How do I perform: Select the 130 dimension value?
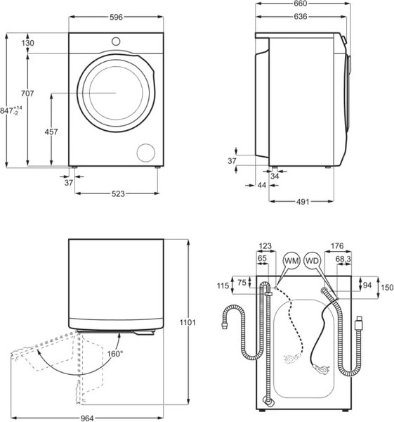pyautogui.click(x=27, y=44)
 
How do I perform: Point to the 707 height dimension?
pyautogui.click(x=27, y=94)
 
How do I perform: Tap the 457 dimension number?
pyautogui.click(x=51, y=132)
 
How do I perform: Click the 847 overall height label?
pyautogui.click(x=9, y=111)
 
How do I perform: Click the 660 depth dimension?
pyautogui.click(x=303, y=4)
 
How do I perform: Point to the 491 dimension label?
pyautogui.click(x=302, y=203)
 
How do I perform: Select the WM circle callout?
pyautogui.click(x=291, y=260)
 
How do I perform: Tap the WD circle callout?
pyautogui.click(x=313, y=260)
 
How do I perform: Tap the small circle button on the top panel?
pyautogui.click(x=115, y=41)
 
